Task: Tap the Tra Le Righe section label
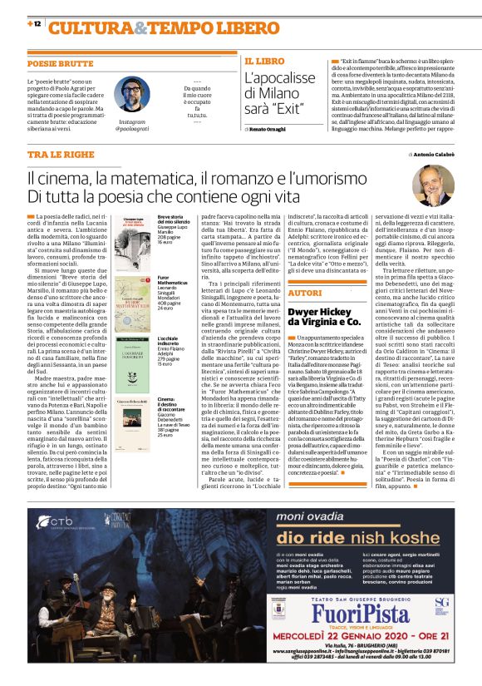tap(60, 155)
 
